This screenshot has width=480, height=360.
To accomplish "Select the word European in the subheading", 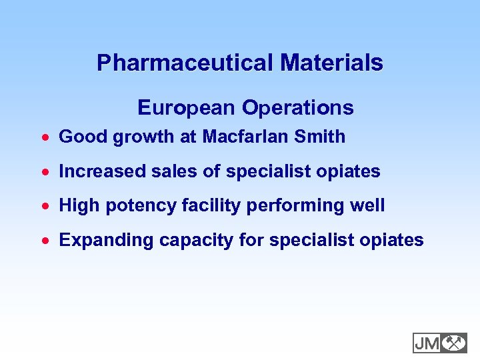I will (186, 107).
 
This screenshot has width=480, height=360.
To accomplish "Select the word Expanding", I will (107, 240).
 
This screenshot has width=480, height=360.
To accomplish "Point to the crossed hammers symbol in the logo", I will (454, 343).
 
